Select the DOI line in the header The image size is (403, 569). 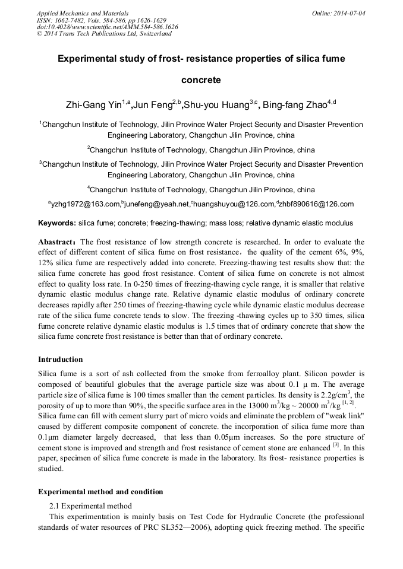107,27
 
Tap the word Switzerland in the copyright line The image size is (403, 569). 153,34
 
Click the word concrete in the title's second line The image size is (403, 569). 201,80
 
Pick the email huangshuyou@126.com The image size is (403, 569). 234,204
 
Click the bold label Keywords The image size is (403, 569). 56,224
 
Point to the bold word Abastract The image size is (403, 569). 56,242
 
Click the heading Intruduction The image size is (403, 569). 61,360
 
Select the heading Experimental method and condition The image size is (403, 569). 100,492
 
